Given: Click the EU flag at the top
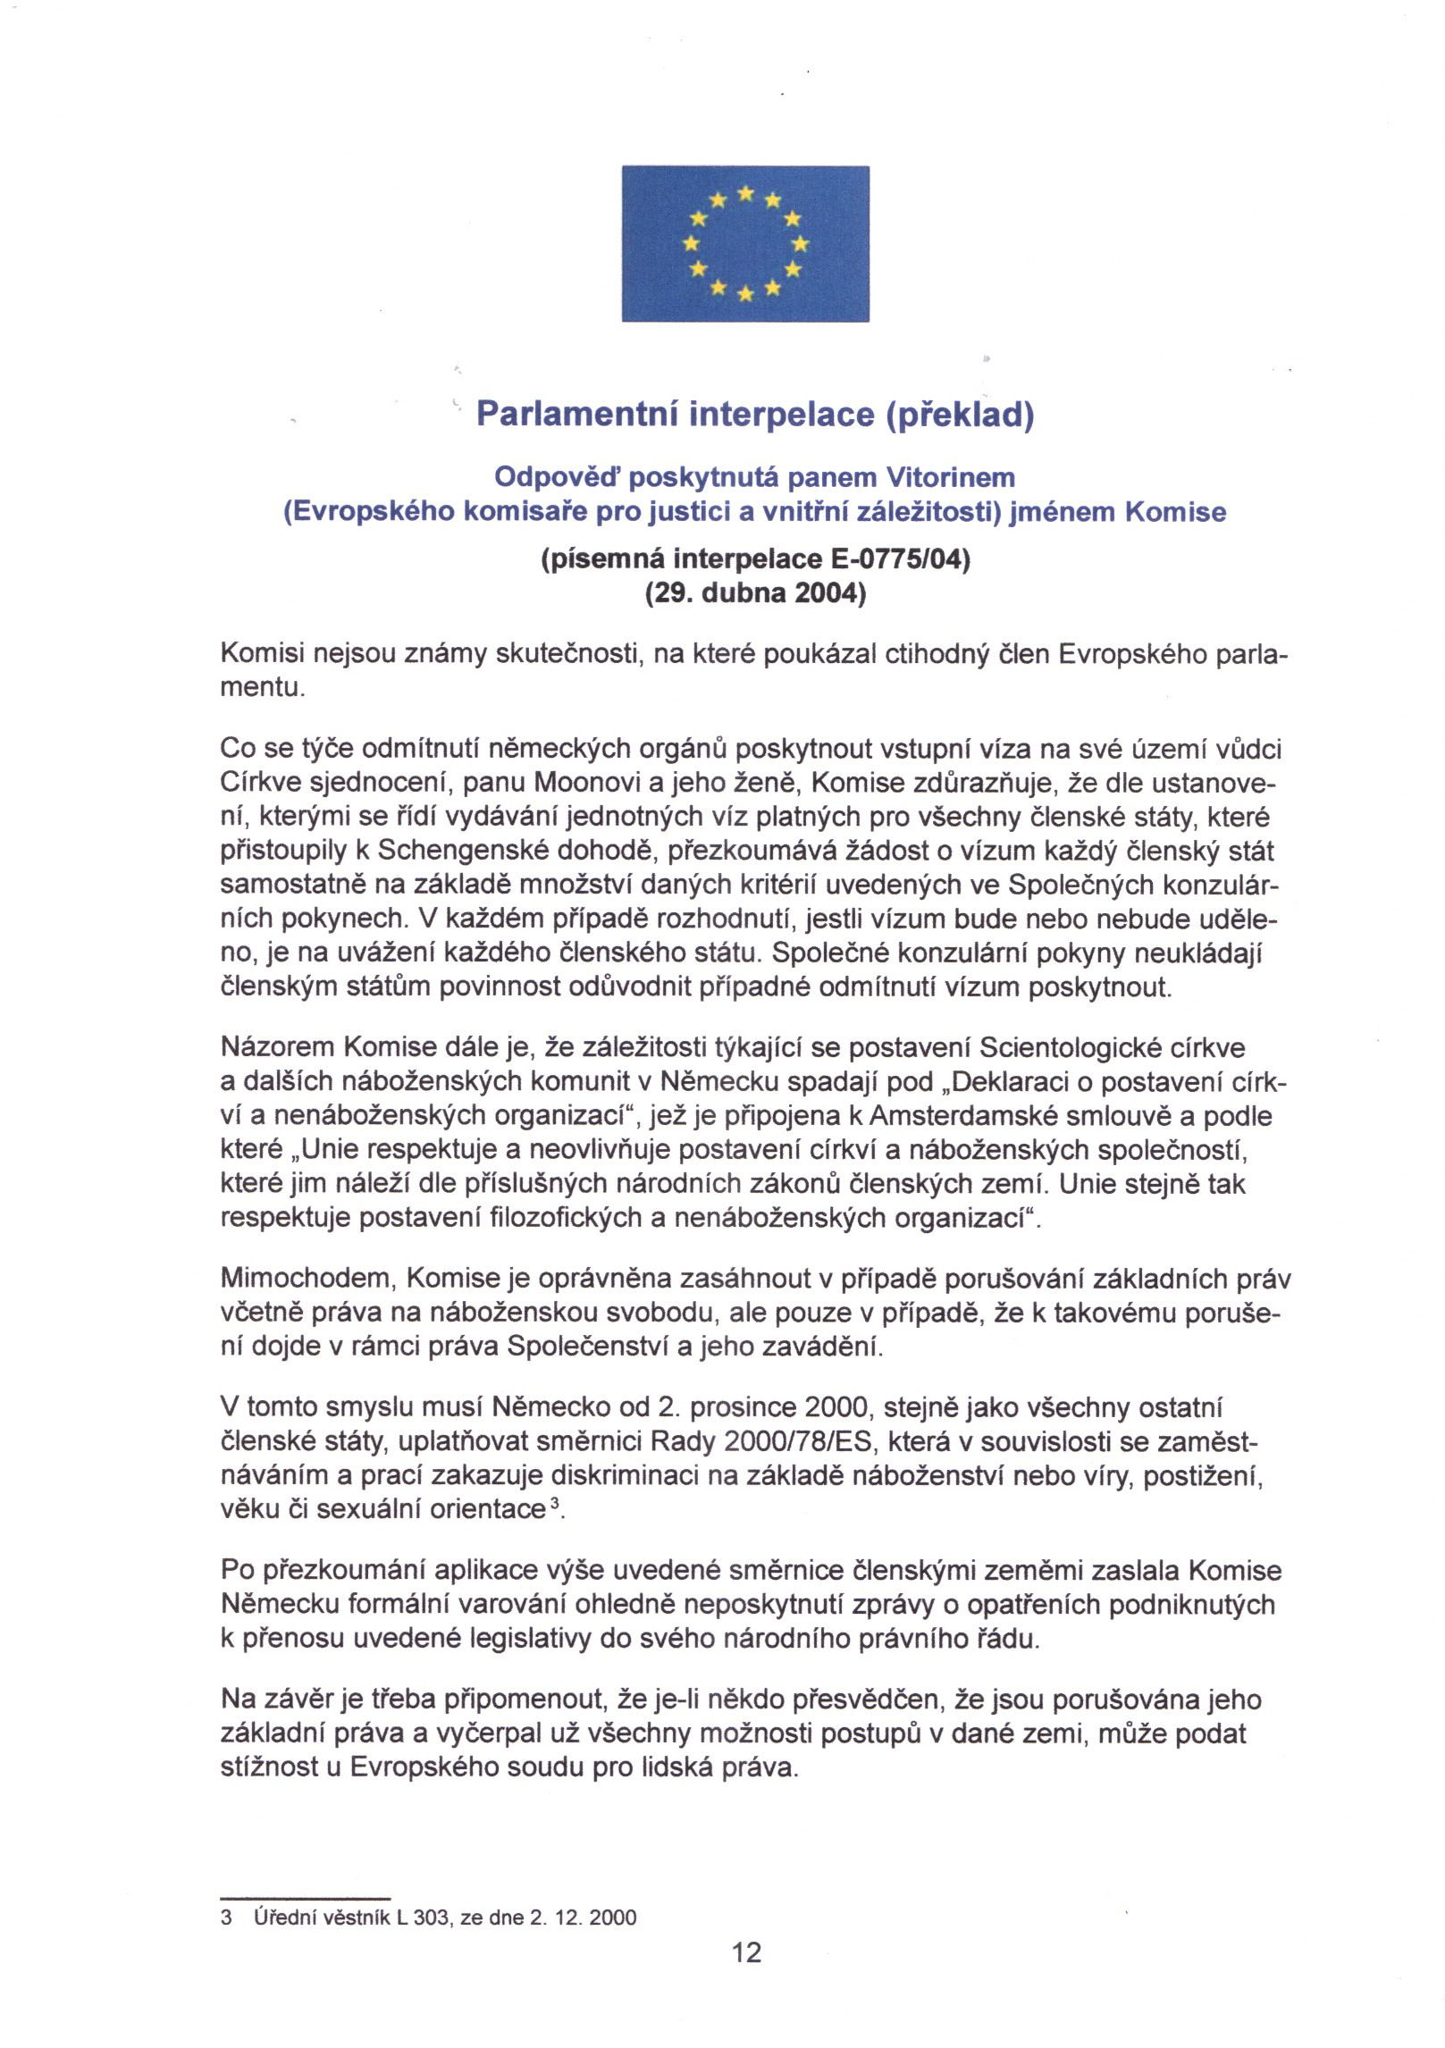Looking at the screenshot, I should [x=745, y=243].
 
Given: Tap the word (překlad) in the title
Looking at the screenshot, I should [x=959, y=415].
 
